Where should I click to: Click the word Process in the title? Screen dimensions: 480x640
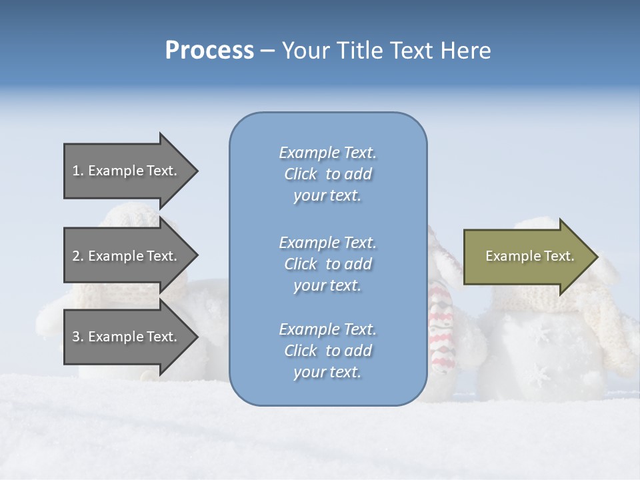(209, 51)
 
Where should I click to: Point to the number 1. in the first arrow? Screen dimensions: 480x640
(78, 171)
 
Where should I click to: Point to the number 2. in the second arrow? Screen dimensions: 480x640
(78, 256)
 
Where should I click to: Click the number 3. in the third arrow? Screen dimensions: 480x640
(78, 337)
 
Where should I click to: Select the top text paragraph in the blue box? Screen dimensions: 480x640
(327, 174)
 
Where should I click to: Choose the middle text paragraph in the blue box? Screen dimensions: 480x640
(327, 264)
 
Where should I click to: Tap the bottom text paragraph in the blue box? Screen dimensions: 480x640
(327, 351)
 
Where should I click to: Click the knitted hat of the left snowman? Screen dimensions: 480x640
(133, 217)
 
